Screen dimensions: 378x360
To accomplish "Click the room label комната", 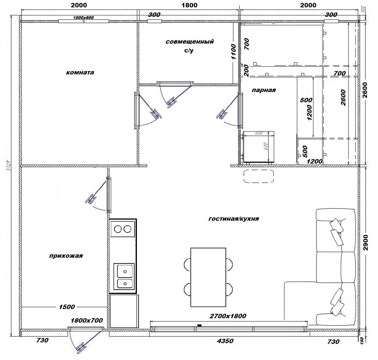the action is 80,73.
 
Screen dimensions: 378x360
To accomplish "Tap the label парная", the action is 263,90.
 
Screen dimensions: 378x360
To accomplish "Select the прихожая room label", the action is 66,256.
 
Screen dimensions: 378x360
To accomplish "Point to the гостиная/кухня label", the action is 234,218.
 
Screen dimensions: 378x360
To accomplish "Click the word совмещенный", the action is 189,41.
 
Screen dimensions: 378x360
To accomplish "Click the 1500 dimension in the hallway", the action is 67,307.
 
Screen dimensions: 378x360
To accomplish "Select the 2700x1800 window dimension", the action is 228,316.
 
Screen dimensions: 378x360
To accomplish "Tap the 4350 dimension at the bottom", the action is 225,341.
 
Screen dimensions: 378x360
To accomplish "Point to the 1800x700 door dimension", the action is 87,320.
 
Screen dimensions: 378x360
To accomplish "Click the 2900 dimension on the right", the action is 366,242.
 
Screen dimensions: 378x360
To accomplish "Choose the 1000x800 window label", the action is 83,18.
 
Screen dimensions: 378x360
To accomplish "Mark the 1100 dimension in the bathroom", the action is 233,52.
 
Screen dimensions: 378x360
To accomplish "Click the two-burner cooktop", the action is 123,229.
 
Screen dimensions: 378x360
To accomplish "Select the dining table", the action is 208,277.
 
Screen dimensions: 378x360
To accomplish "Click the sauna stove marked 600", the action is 258,147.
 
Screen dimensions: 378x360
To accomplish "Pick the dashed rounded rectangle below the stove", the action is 259,176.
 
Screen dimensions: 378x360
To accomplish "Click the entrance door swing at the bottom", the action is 85,341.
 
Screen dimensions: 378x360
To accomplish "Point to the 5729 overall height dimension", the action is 9,165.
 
